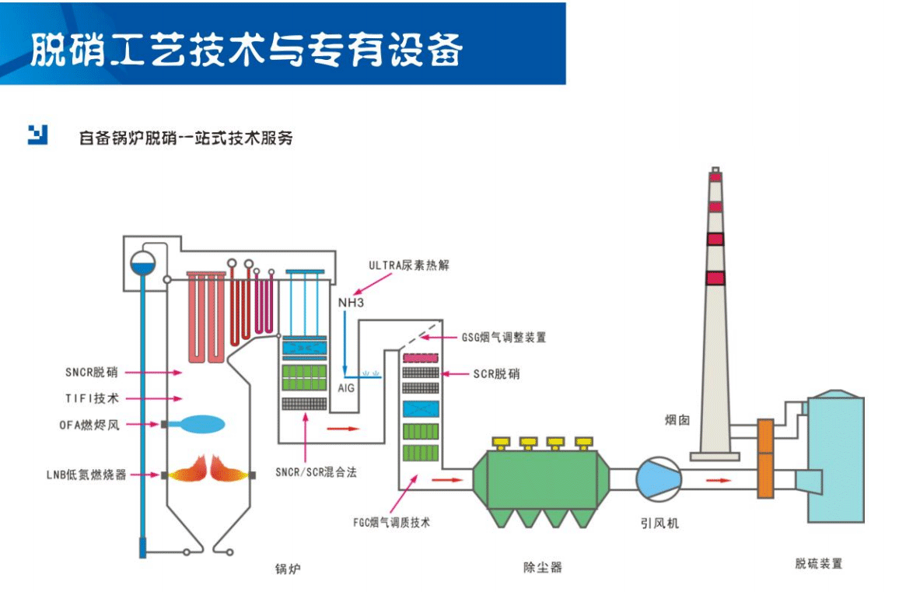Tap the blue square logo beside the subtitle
pos(37,135)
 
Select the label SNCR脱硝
pos(92,373)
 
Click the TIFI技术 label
pos(92,398)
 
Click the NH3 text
pos(351,302)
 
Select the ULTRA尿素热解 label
pos(408,265)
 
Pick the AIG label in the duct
pos(346,387)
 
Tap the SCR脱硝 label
pos(496,374)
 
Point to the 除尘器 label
pos(542,567)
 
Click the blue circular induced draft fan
pos(658,478)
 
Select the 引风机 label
pos(660,524)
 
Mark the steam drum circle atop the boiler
pos(144,264)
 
